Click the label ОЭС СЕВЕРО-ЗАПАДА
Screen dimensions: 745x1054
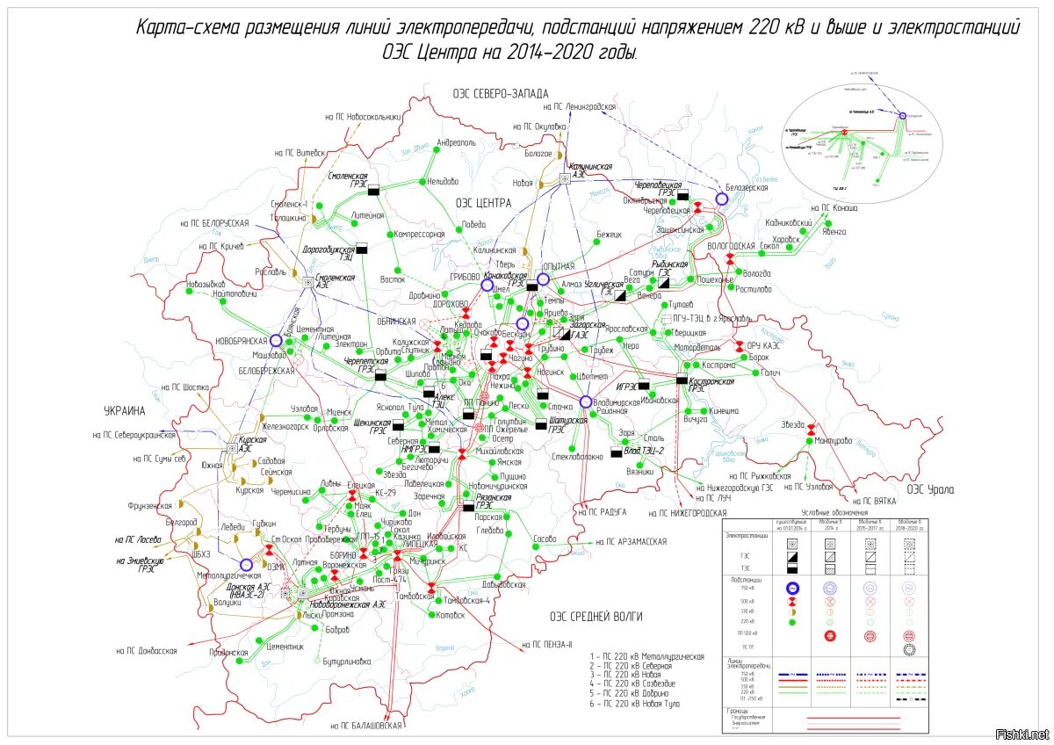(501, 93)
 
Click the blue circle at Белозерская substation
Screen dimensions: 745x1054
(722, 199)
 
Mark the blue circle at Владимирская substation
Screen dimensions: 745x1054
(586, 401)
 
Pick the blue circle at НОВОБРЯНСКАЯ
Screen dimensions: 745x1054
(276, 340)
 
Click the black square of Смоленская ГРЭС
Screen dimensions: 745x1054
(373, 190)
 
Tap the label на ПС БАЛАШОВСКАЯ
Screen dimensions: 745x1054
(366, 726)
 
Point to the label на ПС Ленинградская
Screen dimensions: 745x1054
(579, 106)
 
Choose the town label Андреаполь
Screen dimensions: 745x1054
(456, 142)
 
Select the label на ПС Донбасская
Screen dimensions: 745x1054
(147, 651)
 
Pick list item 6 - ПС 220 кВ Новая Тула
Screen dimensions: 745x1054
(637, 705)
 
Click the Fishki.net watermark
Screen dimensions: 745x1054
(1023, 734)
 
